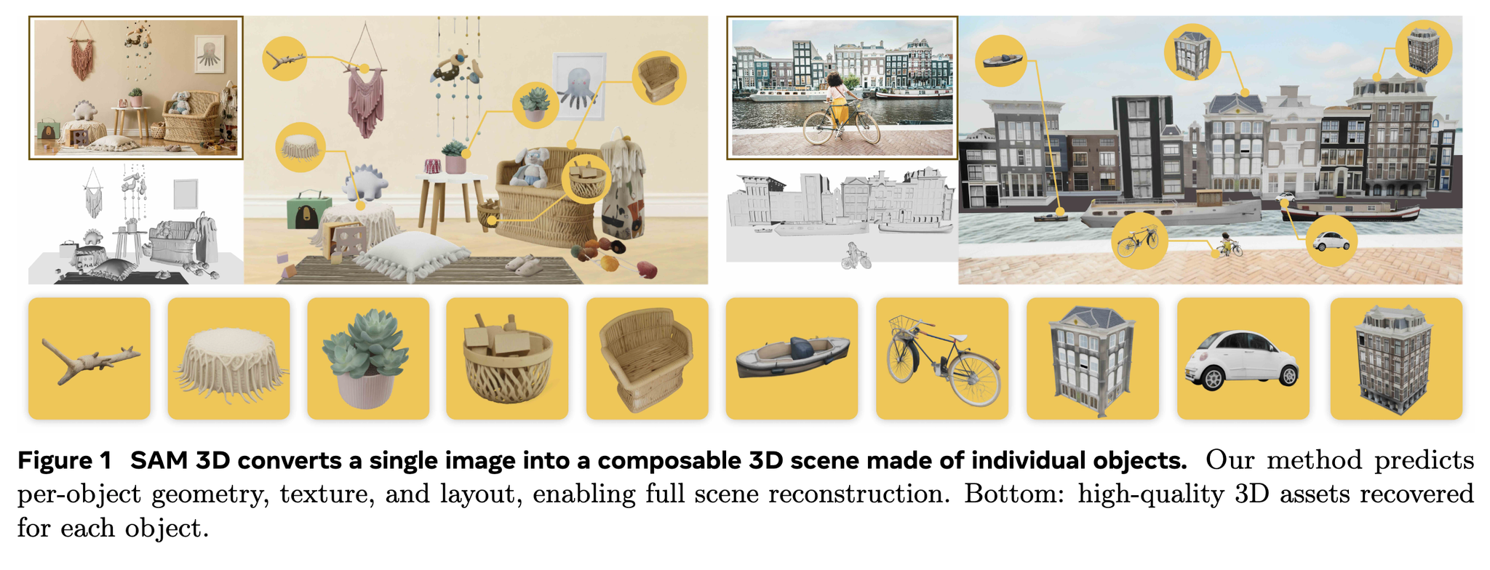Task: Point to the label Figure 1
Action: pyautogui.click(x=65, y=460)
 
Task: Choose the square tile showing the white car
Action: pyautogui.click(x=1243, y=358)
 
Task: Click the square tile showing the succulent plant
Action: pyautogui.click(x=368, y=358)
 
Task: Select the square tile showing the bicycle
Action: pyautogui.click(x=942, y=358)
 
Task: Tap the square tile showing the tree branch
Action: pyautogui.click(x=89, y=358)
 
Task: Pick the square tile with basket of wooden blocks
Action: pyautogui.click(x=507, y=358)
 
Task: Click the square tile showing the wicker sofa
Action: pyautogui.click(x=648, y=358)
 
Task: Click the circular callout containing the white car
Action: pyautogui.click(x=1331, y=241)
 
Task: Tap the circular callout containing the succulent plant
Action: pyautogui.click(x=535, y=105)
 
